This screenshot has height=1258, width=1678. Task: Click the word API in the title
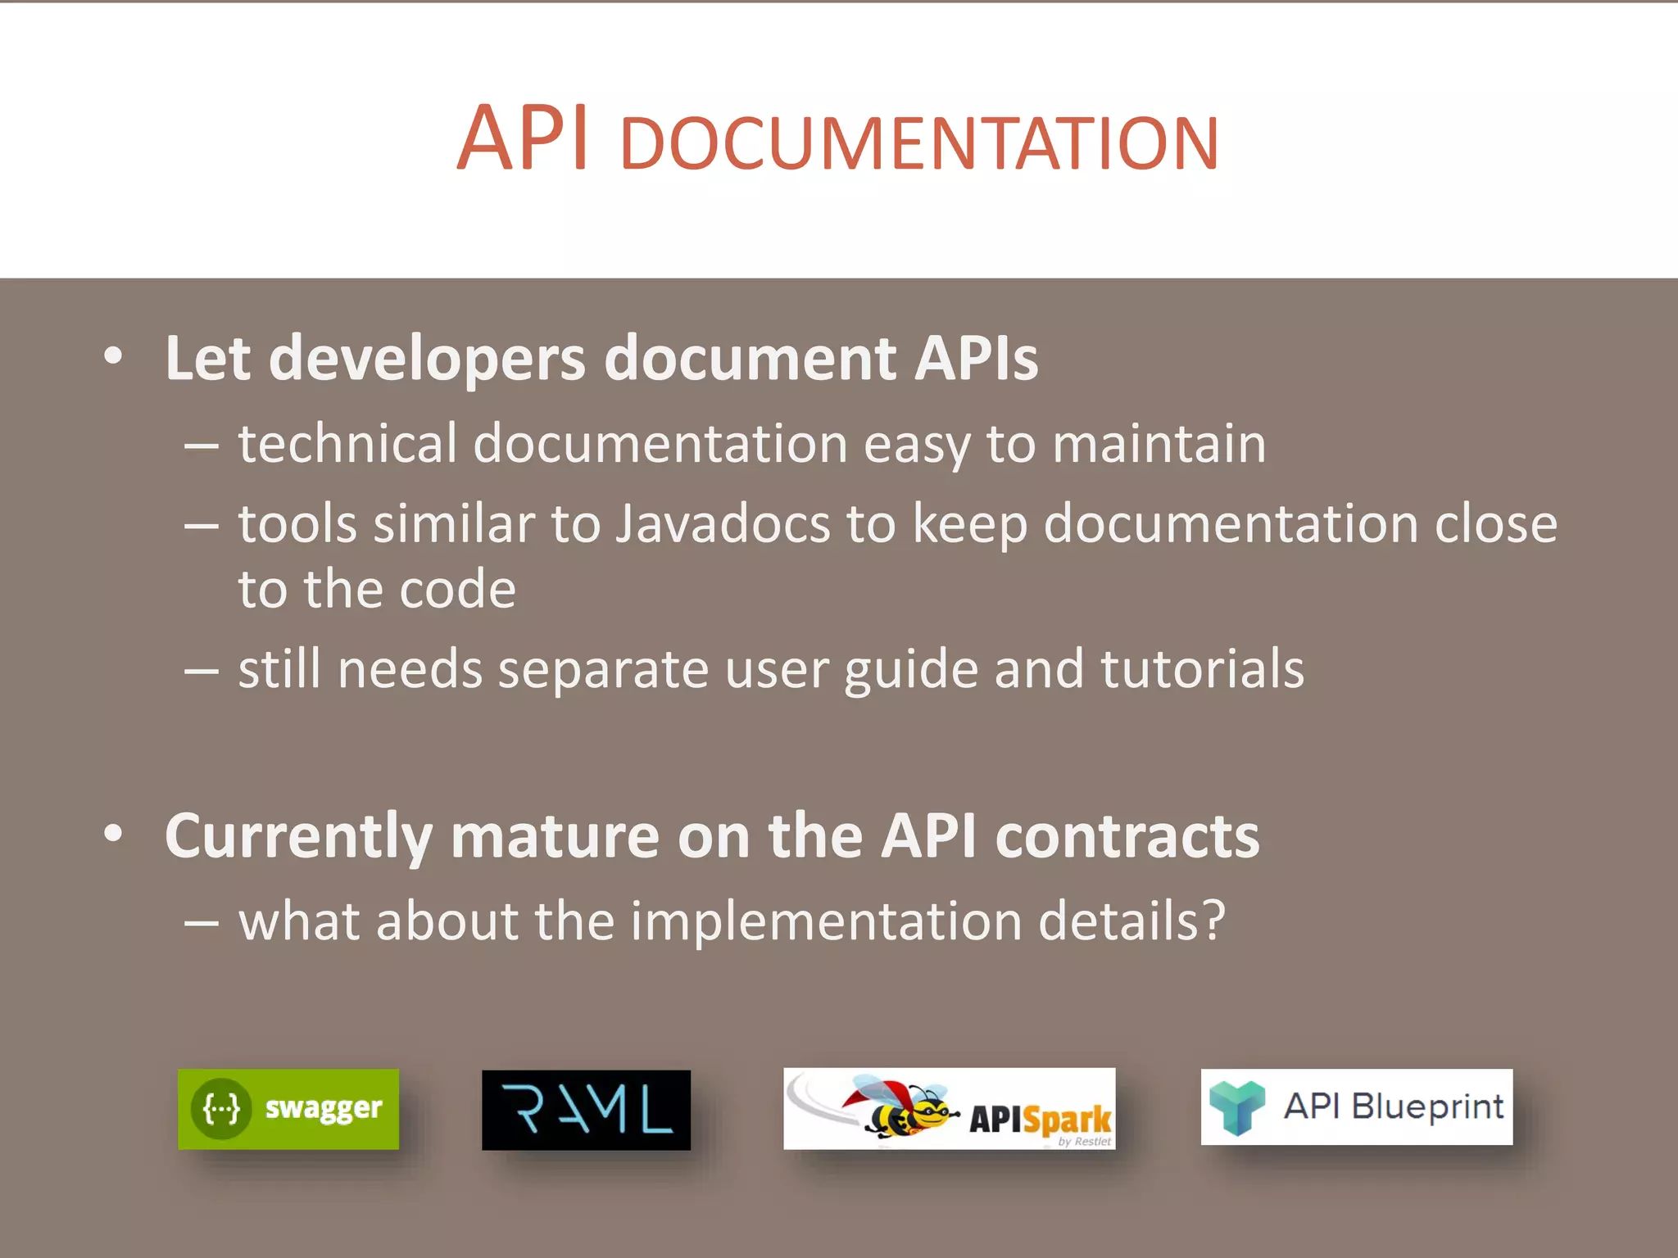tap(523, 139)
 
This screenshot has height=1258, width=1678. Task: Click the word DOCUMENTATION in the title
tap(919, 145)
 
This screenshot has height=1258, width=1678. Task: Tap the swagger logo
tap(288, 1109)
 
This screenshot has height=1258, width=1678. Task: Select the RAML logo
tap(586, 1110)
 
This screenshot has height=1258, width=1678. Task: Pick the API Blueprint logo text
tap(1393, 1106)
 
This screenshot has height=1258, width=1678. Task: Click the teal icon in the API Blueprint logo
tap(1237, 1106)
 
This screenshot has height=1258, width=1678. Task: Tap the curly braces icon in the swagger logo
tap(221, 1109)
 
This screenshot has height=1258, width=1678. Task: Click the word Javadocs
tap(723, 524)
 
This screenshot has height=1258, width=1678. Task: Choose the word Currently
tap(298, 836)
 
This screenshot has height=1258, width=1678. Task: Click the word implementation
tap(826, 921)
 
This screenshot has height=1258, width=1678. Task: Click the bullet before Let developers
tap(113, 357)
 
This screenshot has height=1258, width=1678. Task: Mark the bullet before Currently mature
tap(113, 834)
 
